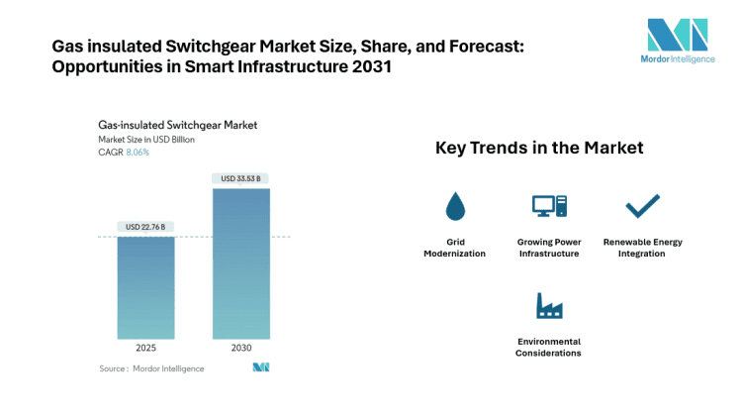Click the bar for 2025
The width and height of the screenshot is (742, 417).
(146, 287)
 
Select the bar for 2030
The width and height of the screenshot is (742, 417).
(241, 262)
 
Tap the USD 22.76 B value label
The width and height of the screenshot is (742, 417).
(146, 227)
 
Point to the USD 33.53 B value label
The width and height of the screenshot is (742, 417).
(241, 178)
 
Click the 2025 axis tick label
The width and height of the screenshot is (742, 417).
(146, 348)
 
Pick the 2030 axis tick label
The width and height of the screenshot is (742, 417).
(241, 348)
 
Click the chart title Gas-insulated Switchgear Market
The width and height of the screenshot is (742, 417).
(177, 126)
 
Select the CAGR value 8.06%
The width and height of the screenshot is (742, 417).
(137, 153)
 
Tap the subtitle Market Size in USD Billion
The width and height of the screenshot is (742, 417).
(146, 140)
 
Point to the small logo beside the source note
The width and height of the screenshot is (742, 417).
(260, 367)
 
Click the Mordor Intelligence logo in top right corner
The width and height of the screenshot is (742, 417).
(677, 45)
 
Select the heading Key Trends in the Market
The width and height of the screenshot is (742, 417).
(539, 148)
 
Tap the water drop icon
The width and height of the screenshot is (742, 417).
(455, 206)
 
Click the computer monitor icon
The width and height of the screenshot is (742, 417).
(548, 206)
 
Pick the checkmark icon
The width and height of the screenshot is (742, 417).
(642, 205)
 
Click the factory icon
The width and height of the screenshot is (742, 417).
(548, 306)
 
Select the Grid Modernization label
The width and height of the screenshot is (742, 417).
(455, 248)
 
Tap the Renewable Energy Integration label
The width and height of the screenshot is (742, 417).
(642, 248)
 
